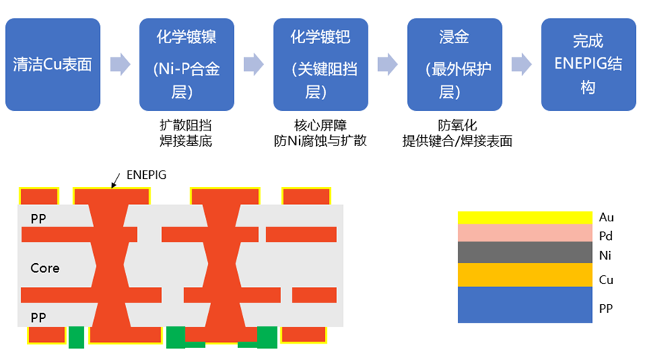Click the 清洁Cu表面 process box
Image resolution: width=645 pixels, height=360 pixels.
[52, 64]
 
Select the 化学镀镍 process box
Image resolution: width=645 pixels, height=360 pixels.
[186, 64]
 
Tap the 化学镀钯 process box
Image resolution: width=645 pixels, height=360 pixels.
[321, 64]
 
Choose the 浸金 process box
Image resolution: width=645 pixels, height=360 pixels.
[454, 64]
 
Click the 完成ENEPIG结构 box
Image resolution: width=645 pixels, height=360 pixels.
[588, 64]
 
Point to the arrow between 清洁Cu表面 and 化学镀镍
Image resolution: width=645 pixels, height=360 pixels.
[120, 64]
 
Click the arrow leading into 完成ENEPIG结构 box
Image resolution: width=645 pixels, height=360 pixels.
[521, 64]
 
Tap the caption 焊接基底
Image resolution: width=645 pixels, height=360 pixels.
[186, 141]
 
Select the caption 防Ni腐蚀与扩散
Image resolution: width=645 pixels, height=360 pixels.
[321, 141]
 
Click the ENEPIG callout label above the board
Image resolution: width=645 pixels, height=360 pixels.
[147, 174]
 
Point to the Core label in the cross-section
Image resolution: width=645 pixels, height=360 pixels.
[45, 268]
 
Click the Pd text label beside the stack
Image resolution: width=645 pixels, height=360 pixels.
[606, 236]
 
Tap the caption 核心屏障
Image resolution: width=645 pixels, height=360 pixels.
[321, 125]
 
